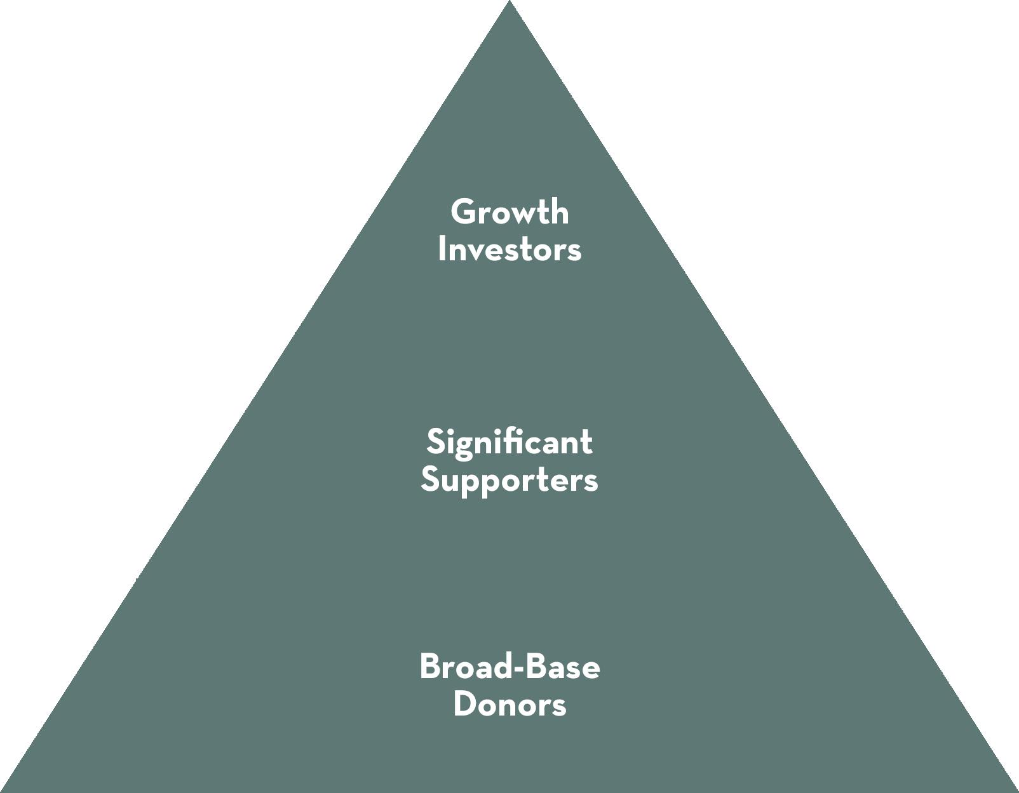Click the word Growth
point(510,211)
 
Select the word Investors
point(510,249)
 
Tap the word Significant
point(510,442)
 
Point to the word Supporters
point(510,479)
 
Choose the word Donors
point(510,705)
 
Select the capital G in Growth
point(463,211)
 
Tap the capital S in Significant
point(435,442)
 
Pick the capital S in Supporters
point(430,479)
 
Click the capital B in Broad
point(430,667)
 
